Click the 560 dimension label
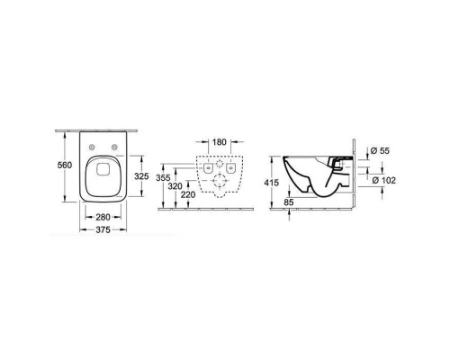point(65,165)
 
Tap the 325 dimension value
point(141,176)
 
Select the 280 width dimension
point(103,217)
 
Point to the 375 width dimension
point(103,229)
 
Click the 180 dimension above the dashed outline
point(220,142)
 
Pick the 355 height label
point(163,178)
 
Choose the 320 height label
point(175,186)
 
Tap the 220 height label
point(188,194)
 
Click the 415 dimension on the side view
point(272,183)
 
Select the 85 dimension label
point(288,202)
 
